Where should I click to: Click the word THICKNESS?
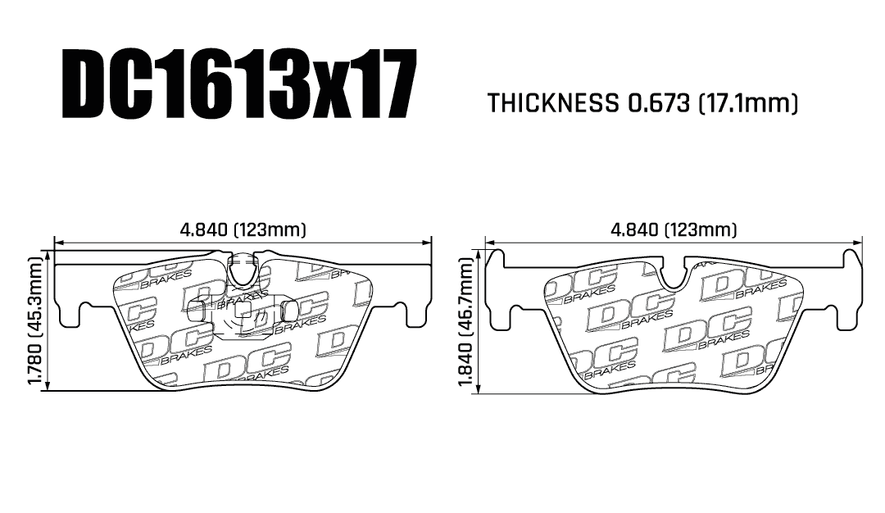click(552, 103)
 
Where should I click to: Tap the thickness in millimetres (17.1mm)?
click(748, 104)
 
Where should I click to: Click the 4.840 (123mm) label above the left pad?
click(243, 229)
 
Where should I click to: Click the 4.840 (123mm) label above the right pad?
click(674, 229)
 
